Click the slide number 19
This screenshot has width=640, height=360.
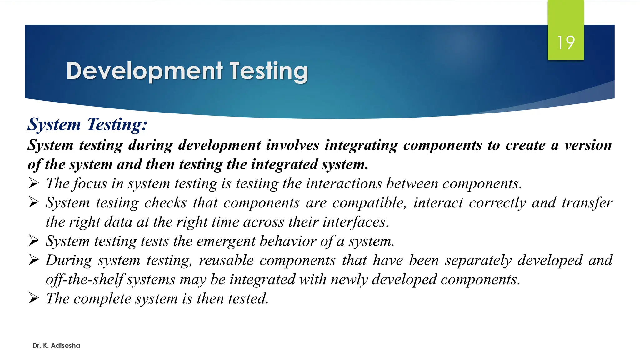point(566,42)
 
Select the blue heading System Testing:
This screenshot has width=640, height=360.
point(87,124)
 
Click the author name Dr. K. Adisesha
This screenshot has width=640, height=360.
point(56,346)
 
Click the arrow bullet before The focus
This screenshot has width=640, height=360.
point(34,183)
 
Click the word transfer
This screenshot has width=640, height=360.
point(587,203)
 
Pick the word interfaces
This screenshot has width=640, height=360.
point(356,222)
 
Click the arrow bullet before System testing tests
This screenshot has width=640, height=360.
point(34,241)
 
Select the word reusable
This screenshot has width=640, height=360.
point(226,261)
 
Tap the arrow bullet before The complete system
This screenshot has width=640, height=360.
point(34,298)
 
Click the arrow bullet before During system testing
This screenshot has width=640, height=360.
point(34,260)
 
